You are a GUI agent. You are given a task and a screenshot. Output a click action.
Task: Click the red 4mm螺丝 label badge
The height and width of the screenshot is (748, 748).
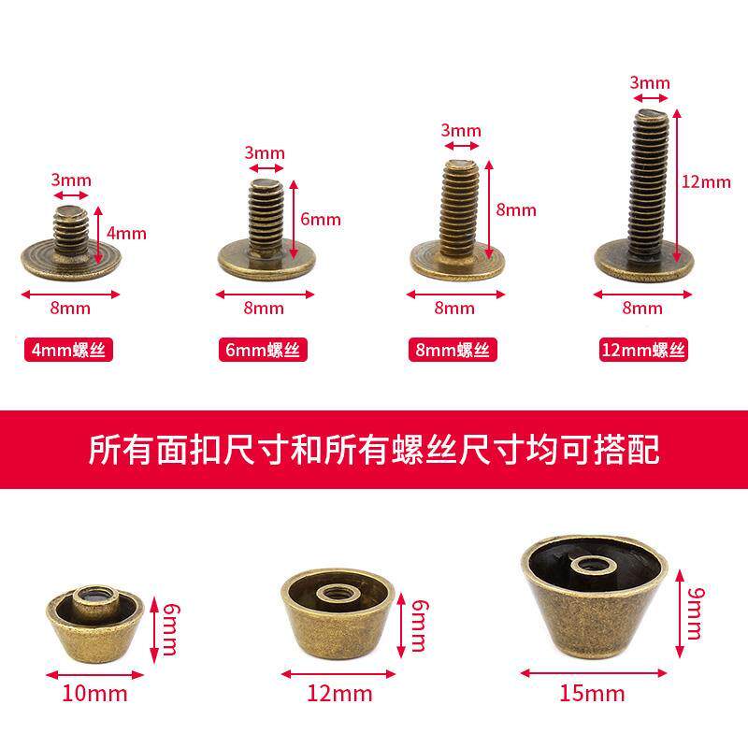[x=68, y=350]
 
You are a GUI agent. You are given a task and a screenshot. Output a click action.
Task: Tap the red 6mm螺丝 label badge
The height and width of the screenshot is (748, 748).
[x=263, y=350]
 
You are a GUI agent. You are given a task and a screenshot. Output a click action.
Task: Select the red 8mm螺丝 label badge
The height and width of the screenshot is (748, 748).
[x=453, y=350]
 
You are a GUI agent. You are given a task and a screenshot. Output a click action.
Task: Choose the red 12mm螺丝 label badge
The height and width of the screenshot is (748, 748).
[x=643, y=350]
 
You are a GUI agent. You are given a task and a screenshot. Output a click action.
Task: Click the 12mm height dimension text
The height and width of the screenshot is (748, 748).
[x=706, y=181]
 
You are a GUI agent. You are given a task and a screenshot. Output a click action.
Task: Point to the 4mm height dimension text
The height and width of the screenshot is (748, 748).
[x=126, y=233]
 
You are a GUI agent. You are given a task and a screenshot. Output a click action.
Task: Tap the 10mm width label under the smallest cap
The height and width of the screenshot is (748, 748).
[x=95, y=693]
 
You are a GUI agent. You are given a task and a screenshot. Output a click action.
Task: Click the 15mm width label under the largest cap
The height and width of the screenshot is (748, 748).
[x=592, y=693]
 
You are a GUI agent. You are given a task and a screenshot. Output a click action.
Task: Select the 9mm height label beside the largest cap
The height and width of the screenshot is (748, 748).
[x=696, y=613]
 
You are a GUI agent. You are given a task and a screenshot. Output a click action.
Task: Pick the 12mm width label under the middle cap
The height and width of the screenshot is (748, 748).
[x=339, y=693]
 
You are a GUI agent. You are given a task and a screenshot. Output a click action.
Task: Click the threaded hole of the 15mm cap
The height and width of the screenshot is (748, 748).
[x=594, y=566]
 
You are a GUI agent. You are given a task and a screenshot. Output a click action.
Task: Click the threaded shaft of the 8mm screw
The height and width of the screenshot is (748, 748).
[x=459, y=208]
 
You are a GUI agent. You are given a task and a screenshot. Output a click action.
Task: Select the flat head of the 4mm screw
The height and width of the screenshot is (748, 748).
[x=71, y=262]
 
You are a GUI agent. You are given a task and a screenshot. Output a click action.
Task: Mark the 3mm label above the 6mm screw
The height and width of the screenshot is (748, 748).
[x=265, y=153]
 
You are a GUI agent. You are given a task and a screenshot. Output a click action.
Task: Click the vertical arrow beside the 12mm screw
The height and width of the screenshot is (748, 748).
[x=676, y=186]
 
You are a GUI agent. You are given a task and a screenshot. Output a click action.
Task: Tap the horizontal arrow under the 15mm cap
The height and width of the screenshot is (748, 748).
[x=594, y=673]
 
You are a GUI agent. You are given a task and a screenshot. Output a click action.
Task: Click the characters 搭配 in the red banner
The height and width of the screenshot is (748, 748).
[x=626, y=450]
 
